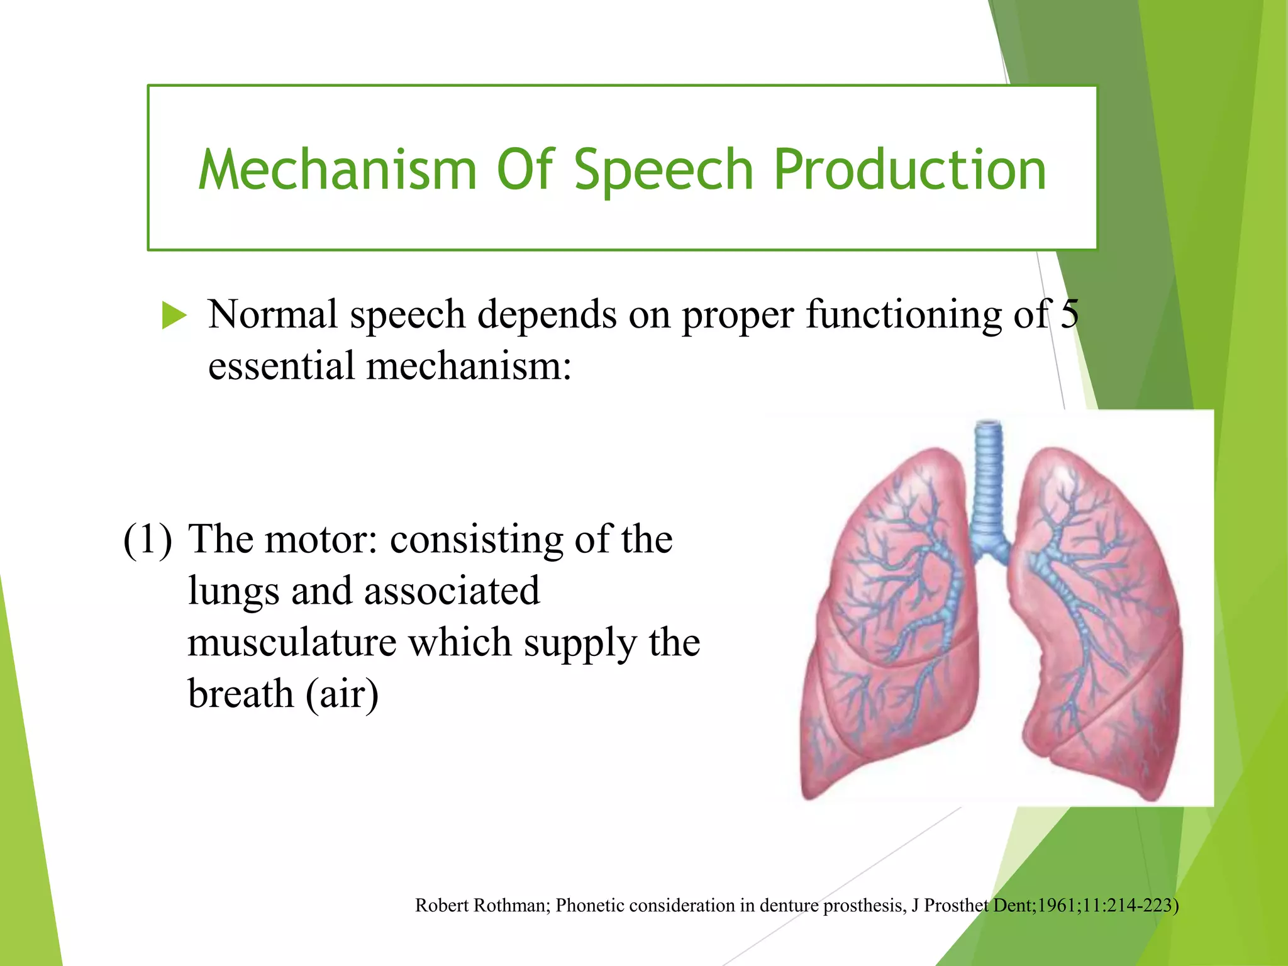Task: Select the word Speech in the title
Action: [663, 170]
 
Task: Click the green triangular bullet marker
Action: [174, 315]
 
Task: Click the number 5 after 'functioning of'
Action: [1069, 314]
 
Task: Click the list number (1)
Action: [147, 540]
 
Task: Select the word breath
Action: [241, 694]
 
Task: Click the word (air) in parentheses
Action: [343, 695]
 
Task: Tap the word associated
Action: [452, 591]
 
